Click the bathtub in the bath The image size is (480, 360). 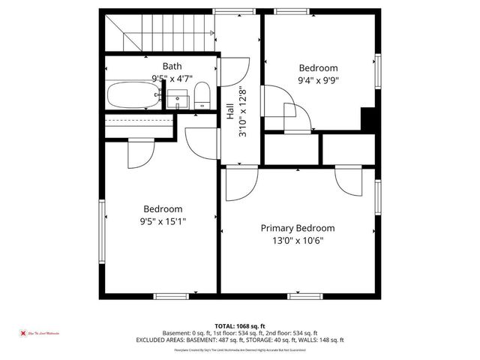point(134,95)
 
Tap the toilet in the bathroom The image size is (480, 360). point(201,95)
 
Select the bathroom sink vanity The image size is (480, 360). point(177,98)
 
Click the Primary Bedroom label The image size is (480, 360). point(297,228)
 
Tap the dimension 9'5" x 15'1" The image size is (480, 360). point(163,221)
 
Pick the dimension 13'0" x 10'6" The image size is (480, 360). point(297,241)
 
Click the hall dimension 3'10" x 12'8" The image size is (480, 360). point(241,112)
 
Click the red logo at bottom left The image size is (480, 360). point(24,332)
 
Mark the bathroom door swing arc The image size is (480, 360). point(236,71)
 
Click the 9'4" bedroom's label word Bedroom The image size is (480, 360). point(319,67)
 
